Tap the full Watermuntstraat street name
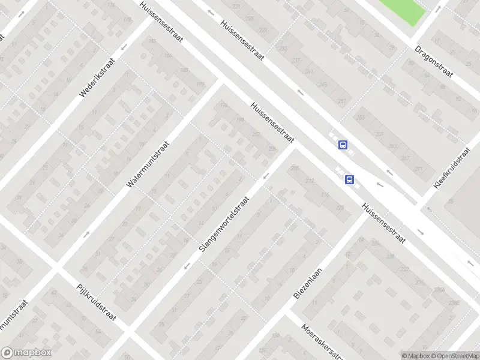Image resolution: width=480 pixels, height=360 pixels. pos(148,164)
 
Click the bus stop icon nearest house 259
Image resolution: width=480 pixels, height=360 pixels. pos(343,145)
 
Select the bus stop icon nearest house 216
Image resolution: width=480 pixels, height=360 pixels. pos(349,179)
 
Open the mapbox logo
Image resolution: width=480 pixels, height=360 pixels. pos(26,353)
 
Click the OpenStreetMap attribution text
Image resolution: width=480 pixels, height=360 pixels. pos(454,356)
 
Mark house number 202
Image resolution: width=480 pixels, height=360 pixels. pos(256,134)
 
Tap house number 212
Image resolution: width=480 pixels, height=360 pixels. pos(310,181)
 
